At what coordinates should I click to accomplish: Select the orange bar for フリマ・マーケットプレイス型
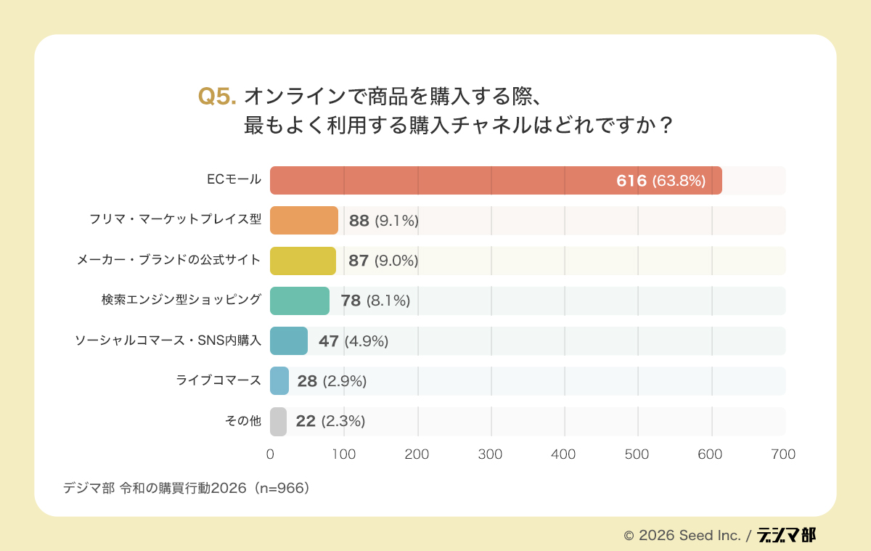coord(304,221)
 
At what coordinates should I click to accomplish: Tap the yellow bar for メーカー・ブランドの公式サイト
coord(303,261)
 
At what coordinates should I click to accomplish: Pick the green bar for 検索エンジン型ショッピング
coord(300,301)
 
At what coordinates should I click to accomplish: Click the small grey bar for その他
coord(278,421)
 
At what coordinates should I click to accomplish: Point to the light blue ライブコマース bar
coord(279,381)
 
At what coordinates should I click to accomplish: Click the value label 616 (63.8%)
coord(661,181)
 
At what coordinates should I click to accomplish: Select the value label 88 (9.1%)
coord(383,221)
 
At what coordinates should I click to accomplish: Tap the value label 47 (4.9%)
coord(353,341)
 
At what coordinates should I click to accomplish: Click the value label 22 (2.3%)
coord(330,421)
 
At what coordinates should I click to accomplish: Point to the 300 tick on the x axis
coord(491,454)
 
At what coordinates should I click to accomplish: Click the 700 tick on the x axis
coord(784,454)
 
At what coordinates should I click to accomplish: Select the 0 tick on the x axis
coord(270,454)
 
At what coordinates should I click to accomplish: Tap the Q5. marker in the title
coord(217,97)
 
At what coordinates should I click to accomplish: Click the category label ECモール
coord(234,180)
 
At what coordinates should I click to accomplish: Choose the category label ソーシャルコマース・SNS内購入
coord(168,340)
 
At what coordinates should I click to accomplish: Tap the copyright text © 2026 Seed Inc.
coord(682,536)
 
